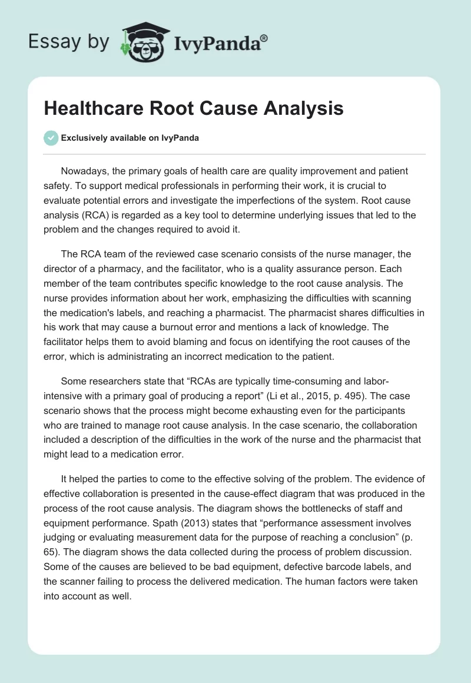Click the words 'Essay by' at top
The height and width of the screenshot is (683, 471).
tap(69, 42)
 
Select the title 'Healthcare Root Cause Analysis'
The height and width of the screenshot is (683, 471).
tap(194, 108)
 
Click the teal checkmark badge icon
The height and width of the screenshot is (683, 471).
tap(51, 138)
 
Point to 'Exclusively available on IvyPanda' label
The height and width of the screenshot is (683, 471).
tap(130, 138)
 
